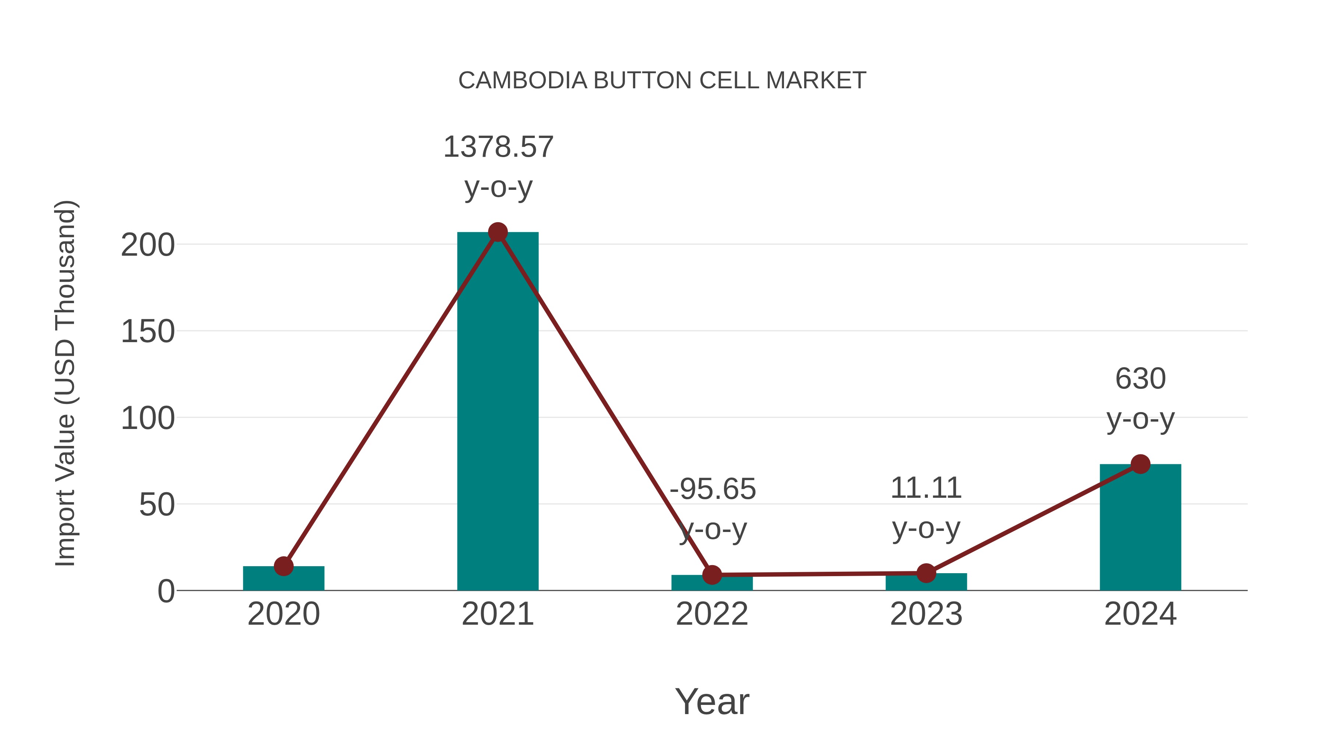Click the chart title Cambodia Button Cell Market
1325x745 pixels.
click(x=662, y=81)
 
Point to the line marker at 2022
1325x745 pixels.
click(x=712, y=575)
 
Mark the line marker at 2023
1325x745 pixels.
click(x=926, y=573)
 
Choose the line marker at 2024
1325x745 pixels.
click(x=1140, y=464)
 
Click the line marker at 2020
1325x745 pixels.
click(x=283, y=566)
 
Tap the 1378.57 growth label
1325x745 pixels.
click(x=498, y=147)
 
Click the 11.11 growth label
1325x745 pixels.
click(x=926, y=488)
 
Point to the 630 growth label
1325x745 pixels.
click(x=1140, y=379)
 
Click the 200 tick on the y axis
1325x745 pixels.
click(x=148, y=245)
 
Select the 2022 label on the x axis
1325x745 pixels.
click(x=712, y=614)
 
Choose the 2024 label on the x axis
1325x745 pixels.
click(x=1140, y=614)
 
